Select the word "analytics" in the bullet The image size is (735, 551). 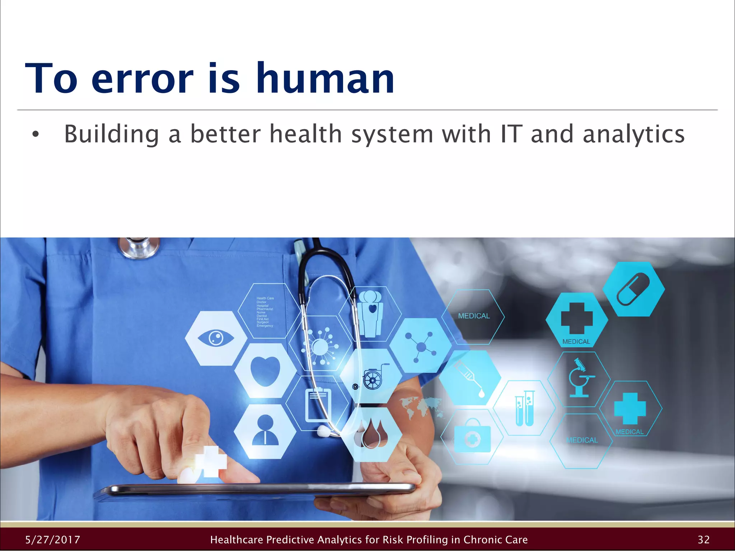pyautogui.click(x=633, y=134)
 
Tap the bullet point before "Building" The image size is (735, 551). pyautogui.click(x=35, y=135)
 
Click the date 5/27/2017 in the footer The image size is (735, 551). pyautogui.click(x=53, y=540)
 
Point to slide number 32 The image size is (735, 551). pyautogui.click(x=703, y=540)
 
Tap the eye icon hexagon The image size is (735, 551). pyautogui.click(x=216, y=338)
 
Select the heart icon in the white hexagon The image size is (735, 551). pyautogui.click(x=265, y=371)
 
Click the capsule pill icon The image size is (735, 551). pyautogui.click(x=633, y=289)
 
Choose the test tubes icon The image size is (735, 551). pyautogui.click(x=525, y=409)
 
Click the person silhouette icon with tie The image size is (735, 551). pyautogui.click(x=265, y=431)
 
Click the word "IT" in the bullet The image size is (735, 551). pyautogui.click(x=511, y=134)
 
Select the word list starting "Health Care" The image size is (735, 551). pyautogui.click(x=265, y=312)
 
